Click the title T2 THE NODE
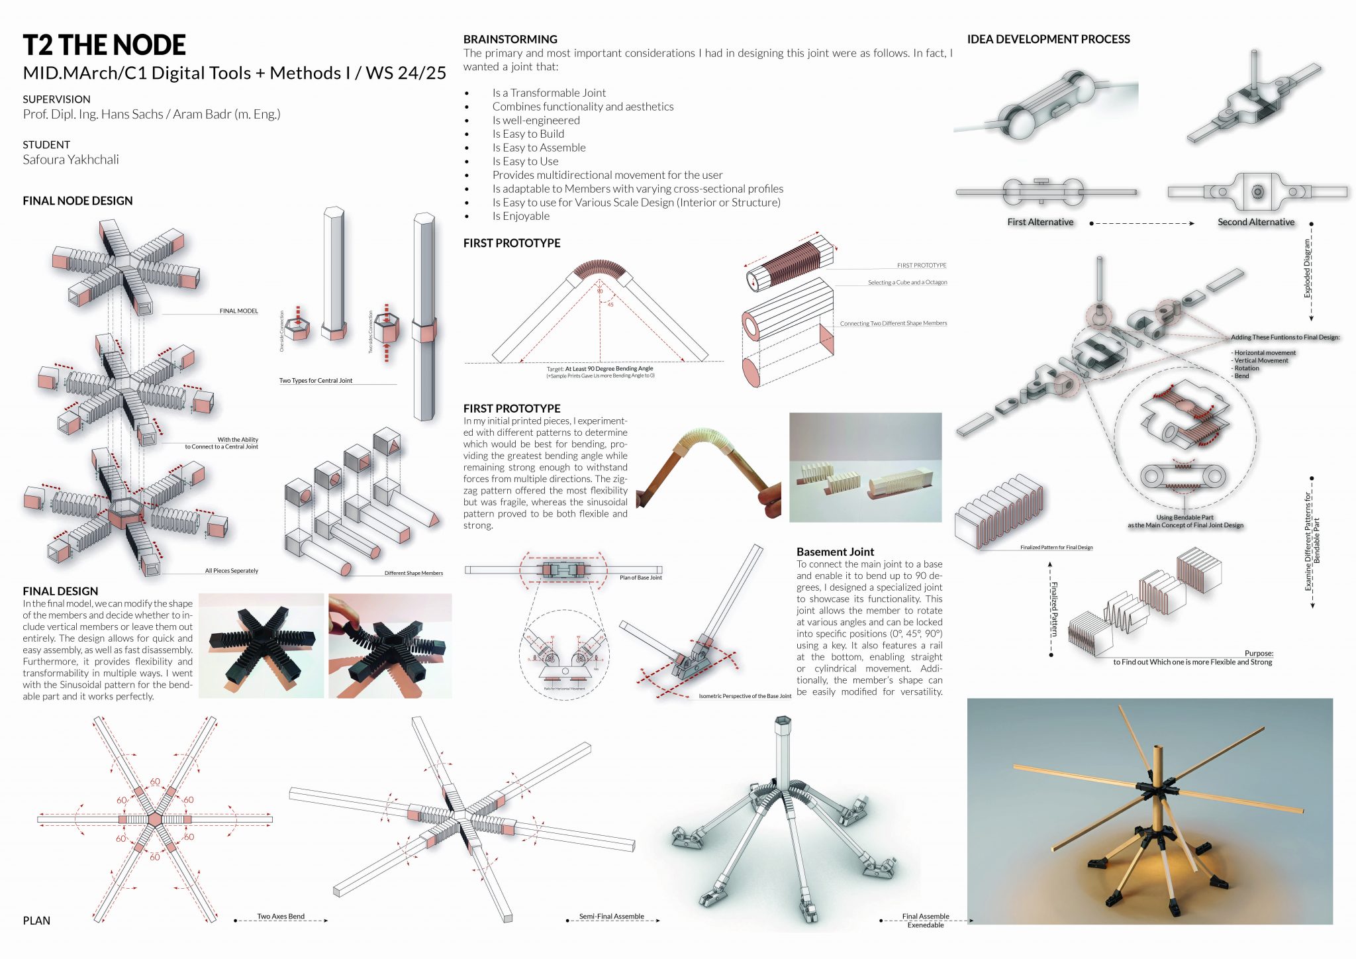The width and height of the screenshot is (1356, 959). pos(104,45)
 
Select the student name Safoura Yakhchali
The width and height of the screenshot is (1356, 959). pos(71,160)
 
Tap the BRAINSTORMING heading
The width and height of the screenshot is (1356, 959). pos(510,39)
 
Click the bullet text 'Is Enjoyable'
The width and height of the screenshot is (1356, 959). pos(520,216)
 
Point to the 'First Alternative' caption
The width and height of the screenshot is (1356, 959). pos(1040,222)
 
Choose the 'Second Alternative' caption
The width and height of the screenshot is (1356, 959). pos(1255,222)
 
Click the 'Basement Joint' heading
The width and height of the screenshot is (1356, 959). pos(835,552)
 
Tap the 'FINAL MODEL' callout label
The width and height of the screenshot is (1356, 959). pos(238,311)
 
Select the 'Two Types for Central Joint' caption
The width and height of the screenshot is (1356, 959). pos(316,381)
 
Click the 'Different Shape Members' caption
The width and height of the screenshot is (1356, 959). pos(413,573)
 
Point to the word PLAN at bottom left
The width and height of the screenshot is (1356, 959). pos(36,921)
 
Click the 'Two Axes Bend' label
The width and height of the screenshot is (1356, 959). pos(281,917)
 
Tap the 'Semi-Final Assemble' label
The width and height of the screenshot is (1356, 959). pos(611,917)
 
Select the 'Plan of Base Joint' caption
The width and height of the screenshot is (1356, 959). pos(640,578)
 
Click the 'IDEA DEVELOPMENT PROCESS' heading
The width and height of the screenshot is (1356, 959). pos(1048,39)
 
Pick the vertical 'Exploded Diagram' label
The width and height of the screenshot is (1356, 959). pos(1307,268)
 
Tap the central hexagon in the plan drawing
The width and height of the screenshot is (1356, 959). pos(155,819)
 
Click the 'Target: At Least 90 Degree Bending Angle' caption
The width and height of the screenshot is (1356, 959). pos(600,369)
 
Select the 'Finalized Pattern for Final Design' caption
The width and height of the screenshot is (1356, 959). pos(1056,548)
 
